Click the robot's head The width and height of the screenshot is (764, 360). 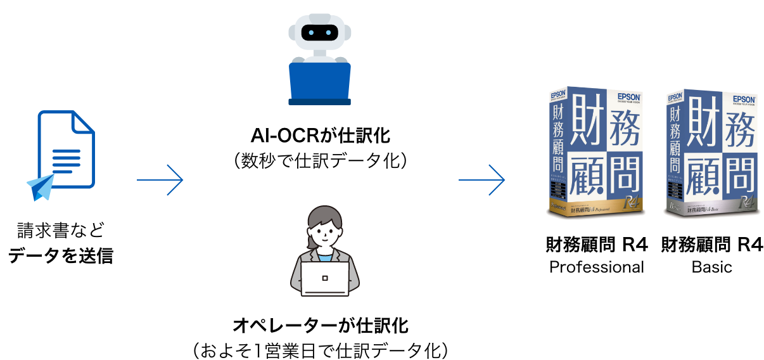(x=319, y=32)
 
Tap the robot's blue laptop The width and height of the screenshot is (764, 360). (x=320, y=80)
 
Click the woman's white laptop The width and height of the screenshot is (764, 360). (x=324, y=279)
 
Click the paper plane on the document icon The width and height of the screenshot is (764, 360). (x=41, y=186)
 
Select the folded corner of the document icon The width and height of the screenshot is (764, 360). (x=83, y=122)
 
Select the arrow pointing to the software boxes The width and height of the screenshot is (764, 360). (x=482, y=180)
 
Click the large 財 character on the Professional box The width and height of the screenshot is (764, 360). (x=588, y=122)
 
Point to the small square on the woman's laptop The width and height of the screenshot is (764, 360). (x=325, y=278)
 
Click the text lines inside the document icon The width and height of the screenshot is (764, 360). (x=66, y=162)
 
